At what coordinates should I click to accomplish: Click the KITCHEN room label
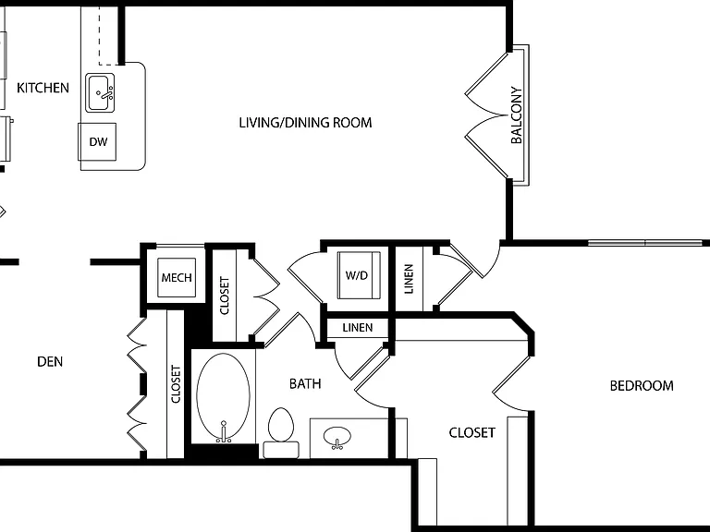point(43,88)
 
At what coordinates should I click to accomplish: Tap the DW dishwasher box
point(97,141)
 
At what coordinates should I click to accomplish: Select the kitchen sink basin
point(100,92)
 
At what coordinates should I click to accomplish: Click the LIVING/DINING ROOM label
point(306,123)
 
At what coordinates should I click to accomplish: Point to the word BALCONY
point(517,115)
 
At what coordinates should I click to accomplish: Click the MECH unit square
point(177,277)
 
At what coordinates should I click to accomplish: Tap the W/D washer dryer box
point(359,275)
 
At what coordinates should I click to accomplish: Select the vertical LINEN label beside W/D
point(409,279)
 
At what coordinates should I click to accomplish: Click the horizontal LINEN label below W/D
point(358,328)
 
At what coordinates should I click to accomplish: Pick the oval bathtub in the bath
point(223,396)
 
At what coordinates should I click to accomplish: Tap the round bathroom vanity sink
point(337,437)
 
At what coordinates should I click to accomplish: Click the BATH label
point(305,383)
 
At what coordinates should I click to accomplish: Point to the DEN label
point(50,361)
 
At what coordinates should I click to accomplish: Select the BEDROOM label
point(642,386)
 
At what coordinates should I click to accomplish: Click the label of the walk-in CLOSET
point(471,433)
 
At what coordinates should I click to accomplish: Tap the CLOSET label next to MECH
point(225,296)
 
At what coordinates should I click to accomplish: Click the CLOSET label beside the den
point(176,384)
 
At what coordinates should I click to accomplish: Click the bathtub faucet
point(223,431)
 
